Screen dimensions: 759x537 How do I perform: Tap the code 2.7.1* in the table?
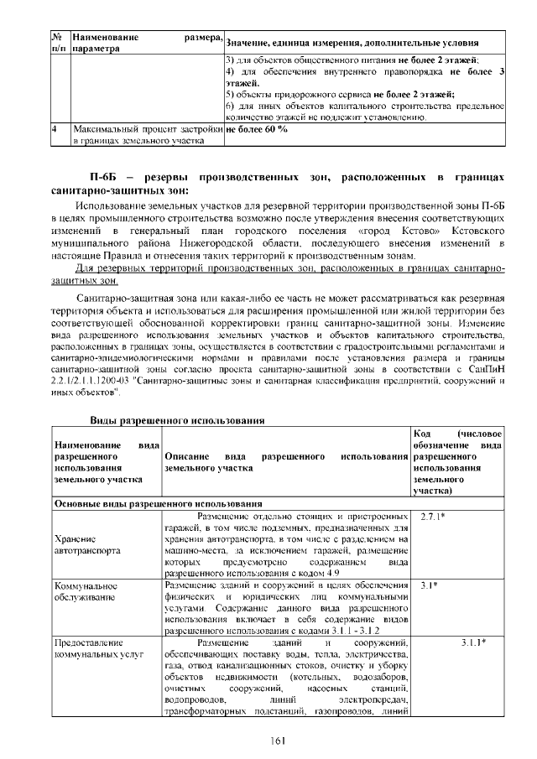pyautogui.click(x=433, y=515)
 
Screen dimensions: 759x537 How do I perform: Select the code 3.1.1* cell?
pyautogui.click(x=473, y=642)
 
